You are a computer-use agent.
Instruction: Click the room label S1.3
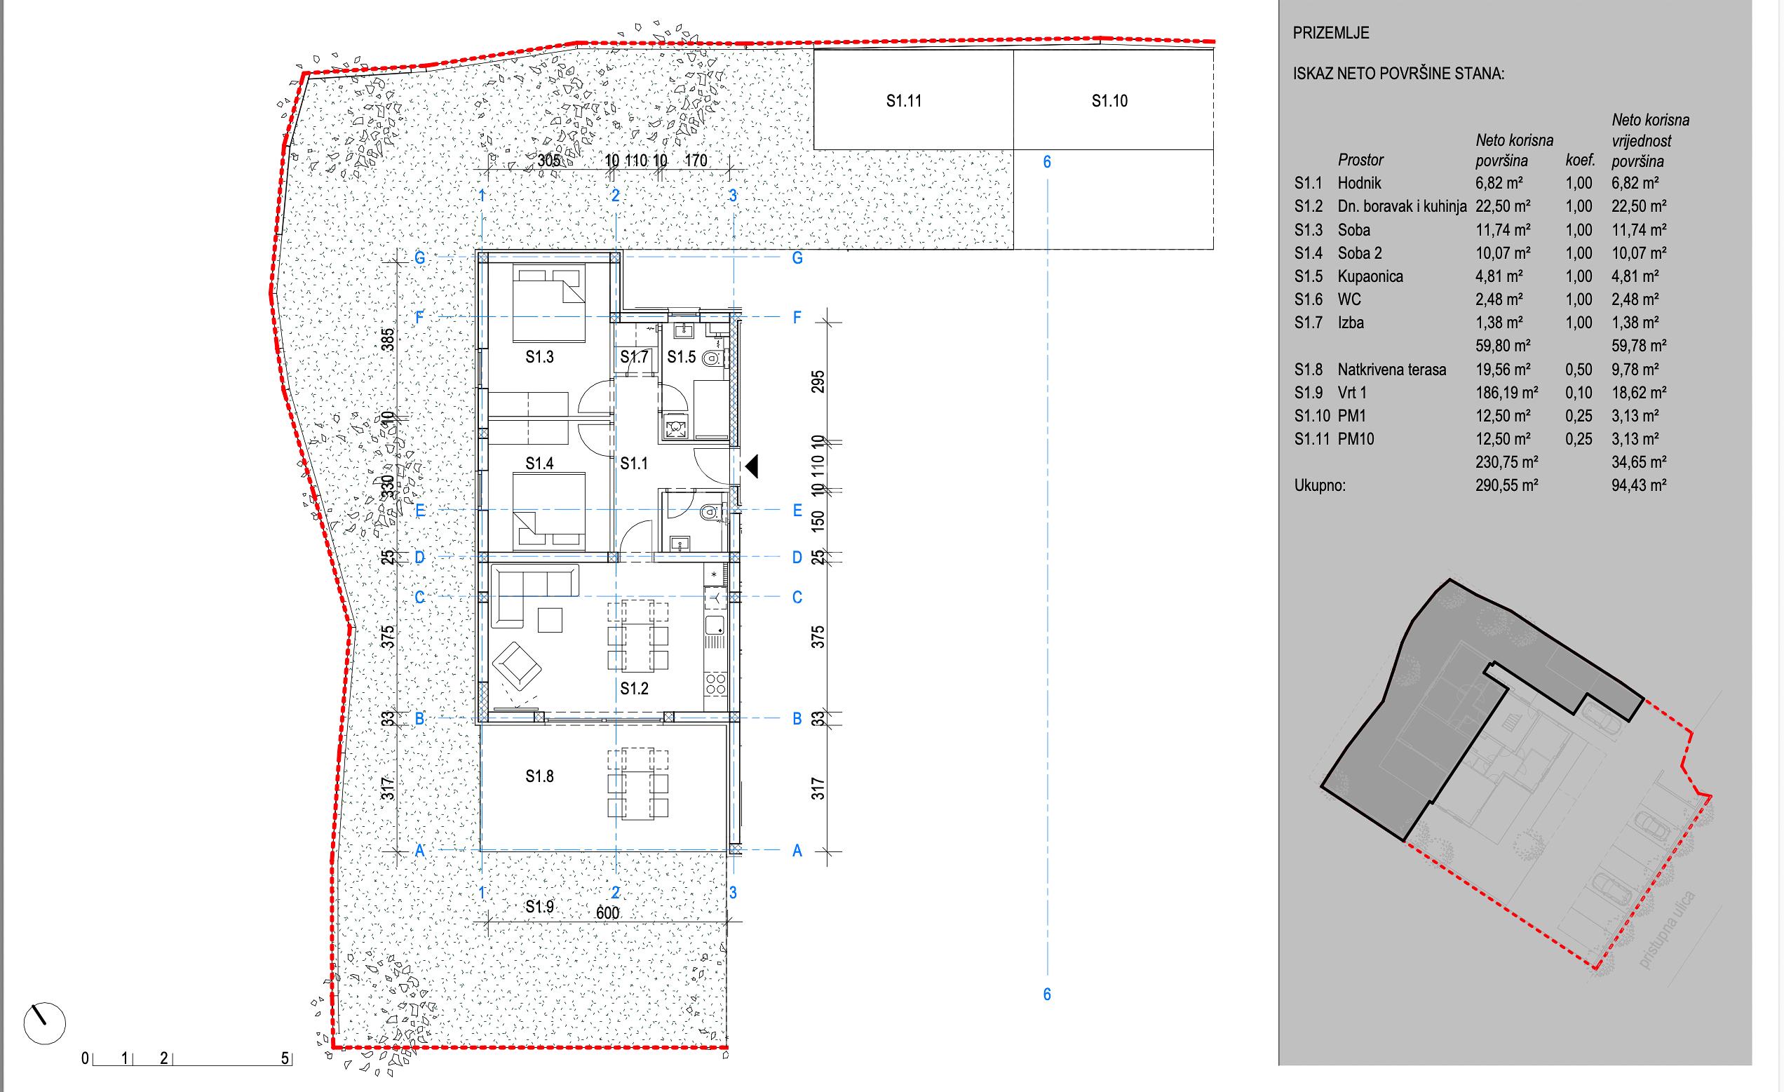pos(539,357)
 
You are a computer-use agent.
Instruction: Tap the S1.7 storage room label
pos(634,357)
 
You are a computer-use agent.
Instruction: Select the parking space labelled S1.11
pos(914,99)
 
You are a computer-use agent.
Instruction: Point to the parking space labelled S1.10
pos(1114,99)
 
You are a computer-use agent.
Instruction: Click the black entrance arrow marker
pos(752,466)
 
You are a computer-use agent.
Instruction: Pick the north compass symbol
pos(45,1024)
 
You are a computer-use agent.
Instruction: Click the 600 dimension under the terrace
pos(607,913)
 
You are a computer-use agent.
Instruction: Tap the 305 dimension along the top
pos(550,161)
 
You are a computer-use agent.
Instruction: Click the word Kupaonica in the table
pos(1370,276)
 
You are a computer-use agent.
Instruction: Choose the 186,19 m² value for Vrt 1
pos(1507,393)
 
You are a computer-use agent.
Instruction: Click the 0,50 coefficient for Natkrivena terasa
pos(1579,370)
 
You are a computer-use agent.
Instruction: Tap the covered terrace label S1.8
pos(539,777)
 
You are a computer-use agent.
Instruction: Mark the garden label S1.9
pos(539,907)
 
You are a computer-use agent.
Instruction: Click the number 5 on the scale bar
pos(285,1059)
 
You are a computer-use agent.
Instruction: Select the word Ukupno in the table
pos(1320,486)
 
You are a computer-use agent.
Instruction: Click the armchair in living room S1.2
pos(517,665)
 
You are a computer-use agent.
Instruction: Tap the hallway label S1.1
pos(634,464)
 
